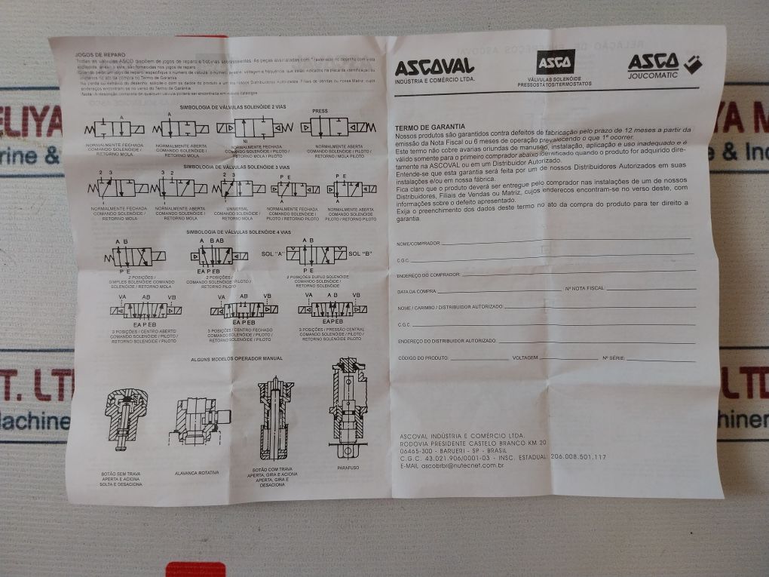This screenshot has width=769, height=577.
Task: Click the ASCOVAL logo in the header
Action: pyautogui.click(x=435, y=67)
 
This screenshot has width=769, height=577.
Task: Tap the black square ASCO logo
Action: pyautogui.click(x=555, y=62)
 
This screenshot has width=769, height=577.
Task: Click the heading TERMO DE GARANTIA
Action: pyautogui.click(x=429, y=127)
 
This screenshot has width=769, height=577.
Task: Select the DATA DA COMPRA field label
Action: pyautogui.click(x=416, y=290)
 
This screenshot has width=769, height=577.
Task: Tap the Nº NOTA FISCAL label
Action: pyautogui.click(x=585, y=289)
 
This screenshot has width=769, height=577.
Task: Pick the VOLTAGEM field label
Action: pyautogui.click(x=525, y=357)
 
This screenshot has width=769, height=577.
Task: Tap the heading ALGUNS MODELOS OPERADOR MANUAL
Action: pyautogui.click(x=237, y=359)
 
